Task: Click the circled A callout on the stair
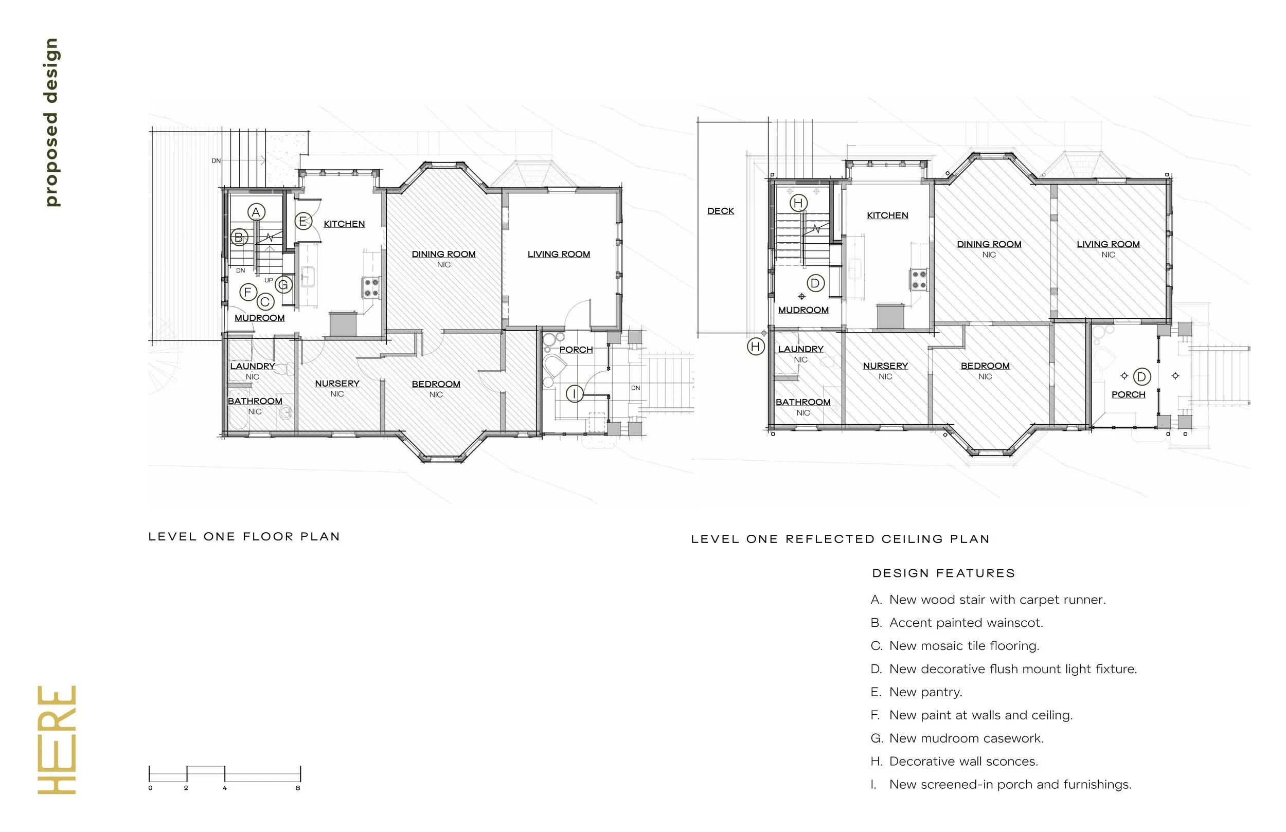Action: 256,212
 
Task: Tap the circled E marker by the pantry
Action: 303,221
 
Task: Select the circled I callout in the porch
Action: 575,393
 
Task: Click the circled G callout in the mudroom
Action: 283,285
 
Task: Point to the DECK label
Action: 721,211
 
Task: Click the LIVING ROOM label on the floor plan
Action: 559,254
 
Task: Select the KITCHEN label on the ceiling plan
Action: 887,215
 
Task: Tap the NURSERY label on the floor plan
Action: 337,383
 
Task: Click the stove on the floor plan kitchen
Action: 370,287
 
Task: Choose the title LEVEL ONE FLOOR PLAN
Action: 244,536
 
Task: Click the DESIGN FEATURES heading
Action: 943,573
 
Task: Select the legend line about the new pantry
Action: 917,692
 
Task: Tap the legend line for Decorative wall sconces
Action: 954,761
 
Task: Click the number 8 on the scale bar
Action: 298,788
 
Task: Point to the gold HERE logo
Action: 57,739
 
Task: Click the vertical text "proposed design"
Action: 51,122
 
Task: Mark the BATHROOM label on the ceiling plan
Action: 803,402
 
